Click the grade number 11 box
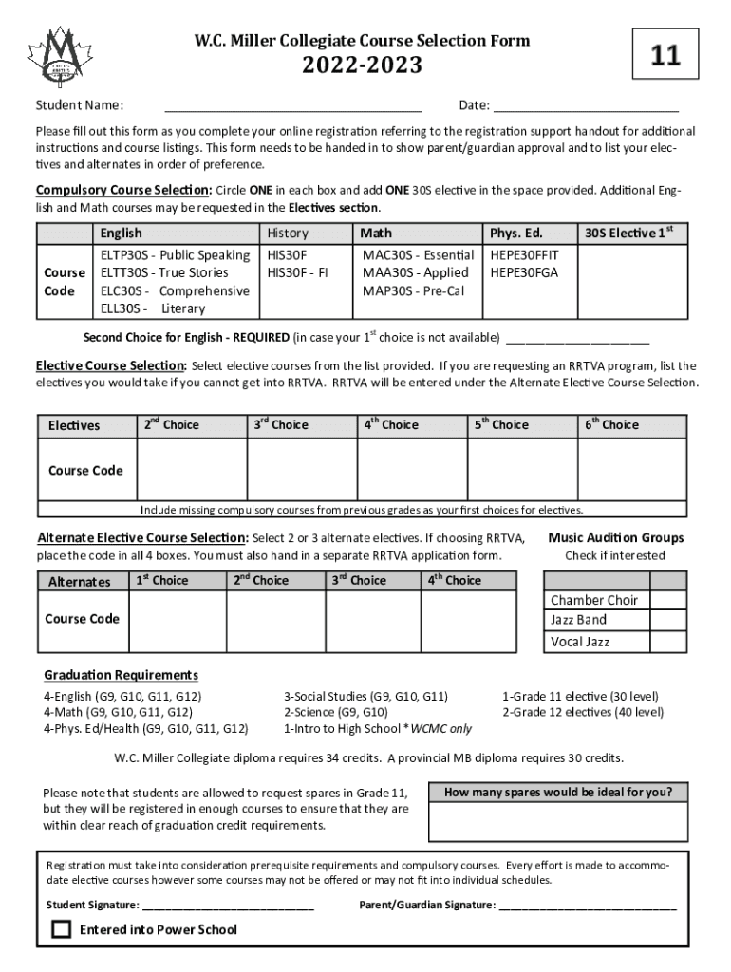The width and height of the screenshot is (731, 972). pyautogui.click(x=665, y=57)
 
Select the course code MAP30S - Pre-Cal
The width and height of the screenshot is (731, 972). pyautogui.click(x=413, y=290)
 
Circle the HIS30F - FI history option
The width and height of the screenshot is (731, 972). pyautogui.click(x=297, y=272)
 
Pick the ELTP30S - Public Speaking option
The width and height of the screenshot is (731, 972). pyautogui.click(x=175, y=254)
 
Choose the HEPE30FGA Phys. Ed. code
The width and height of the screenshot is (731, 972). pyautogui.click(x=523, y=272)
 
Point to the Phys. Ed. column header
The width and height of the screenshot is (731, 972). pyautogui.click(x=515, y=233)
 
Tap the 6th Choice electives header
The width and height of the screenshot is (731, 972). pyautogui.click(x=610, y=425)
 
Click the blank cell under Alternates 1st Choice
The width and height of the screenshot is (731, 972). pyautogui.click(x=175, y=622)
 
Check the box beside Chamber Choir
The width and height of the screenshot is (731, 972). pyautogui.click(x=665, y=600)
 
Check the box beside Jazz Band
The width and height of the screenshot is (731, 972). pyautogui.click(x=665, y=620)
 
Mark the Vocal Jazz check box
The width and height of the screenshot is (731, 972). pyautogui.click(x=665, y=642)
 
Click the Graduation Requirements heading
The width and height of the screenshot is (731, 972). pyautogui.click(x=122, y=675)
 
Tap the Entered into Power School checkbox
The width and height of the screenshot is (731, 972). pyautogui.click(x=62, y=929)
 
